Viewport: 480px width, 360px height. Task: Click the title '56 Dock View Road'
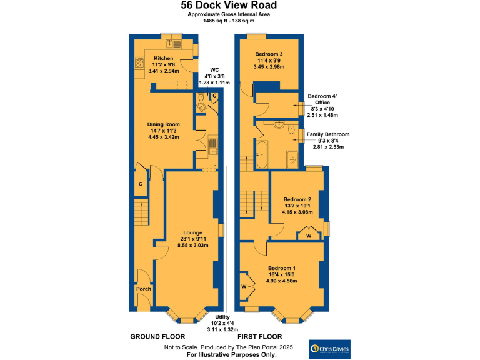coord(229,6)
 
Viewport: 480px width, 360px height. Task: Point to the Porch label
coord(144,289)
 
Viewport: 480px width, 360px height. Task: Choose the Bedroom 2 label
coord(297,199)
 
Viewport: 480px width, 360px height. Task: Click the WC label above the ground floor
coord(214,70)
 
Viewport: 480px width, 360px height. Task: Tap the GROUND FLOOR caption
coord(156,337)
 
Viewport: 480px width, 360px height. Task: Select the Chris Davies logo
coord(331,348)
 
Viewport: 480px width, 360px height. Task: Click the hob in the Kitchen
coord(137,62)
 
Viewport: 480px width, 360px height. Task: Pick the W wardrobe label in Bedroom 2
coord(309,236)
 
